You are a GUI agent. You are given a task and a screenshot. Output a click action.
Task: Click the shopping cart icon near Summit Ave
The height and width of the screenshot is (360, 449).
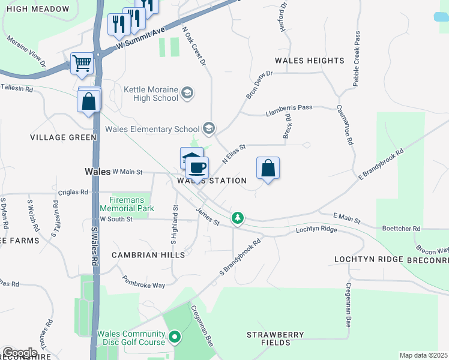[x=82, y=63]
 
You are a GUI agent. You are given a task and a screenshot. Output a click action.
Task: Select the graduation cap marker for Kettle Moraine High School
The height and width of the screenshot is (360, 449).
[x=187, y=92]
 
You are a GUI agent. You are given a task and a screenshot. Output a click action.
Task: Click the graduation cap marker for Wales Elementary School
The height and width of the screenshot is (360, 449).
[x=208, y=127]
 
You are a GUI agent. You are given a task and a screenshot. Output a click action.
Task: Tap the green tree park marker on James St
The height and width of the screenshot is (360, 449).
[x=238, y=217]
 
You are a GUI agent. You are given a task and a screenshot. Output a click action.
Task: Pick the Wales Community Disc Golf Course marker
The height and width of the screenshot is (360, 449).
[x=175, y=338]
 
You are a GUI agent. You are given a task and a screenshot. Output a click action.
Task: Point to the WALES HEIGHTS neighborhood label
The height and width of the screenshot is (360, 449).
[x=309, y=61]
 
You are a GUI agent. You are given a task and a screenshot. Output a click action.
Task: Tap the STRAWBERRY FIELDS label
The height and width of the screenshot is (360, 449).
[x=276, y=338]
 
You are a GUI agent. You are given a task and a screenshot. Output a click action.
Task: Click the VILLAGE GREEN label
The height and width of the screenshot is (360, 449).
[x=64, y=137]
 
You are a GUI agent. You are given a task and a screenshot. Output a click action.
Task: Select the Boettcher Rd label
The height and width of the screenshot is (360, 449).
[x=402, y=229]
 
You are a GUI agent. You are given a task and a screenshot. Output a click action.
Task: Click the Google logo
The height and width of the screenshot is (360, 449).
[x=20, y=352]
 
